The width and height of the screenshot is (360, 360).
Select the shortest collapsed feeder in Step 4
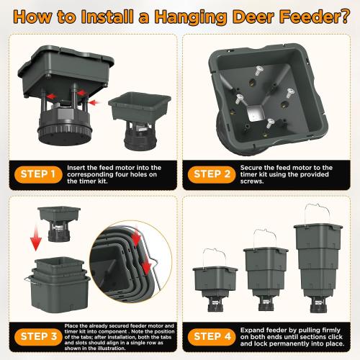(x=213, y=284)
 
